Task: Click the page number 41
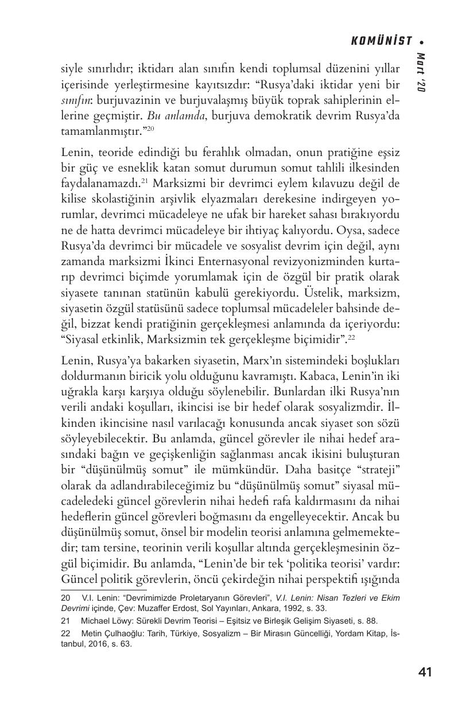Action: tap(425, 672)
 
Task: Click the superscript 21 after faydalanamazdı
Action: tap(145, 181)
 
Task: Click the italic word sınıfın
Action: tap(76, 100)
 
